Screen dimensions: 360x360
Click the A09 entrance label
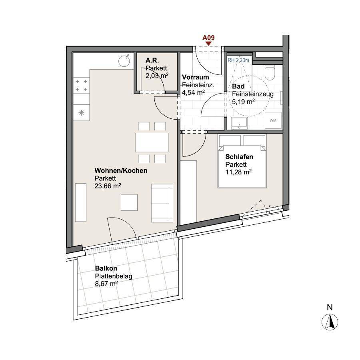[x=208, y=38]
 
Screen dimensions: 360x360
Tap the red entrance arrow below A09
[x=208, y=43]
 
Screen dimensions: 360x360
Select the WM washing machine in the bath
[x=273, y=120]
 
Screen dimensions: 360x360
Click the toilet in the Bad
[x=270, y=72]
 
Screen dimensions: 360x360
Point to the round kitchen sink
[x=124, y=61]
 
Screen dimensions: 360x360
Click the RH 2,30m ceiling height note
[x=238, y=60]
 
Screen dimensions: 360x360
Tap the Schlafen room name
[x=239, y=157]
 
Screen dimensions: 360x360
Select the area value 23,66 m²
[x=108, y=186]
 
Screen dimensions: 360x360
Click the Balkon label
[x=106, y=268]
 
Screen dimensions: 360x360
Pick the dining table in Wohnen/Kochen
[x=152, y=142]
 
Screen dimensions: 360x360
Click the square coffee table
[x=129, y=202]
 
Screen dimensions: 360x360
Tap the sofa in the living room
[x=162, y=203]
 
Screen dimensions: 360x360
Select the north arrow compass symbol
[x=330, y=322]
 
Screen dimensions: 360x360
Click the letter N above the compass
[x=330, y=307]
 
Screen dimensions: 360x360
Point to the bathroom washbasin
[x=240, y=123]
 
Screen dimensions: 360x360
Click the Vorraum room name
[x=195, y=77]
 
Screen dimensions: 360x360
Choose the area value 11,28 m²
[x=238, y=172]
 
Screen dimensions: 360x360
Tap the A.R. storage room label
[x=152, y=60]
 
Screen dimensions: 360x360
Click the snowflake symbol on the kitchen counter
[x=81, y=113]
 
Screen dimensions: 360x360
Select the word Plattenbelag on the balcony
[x=114, y=276]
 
